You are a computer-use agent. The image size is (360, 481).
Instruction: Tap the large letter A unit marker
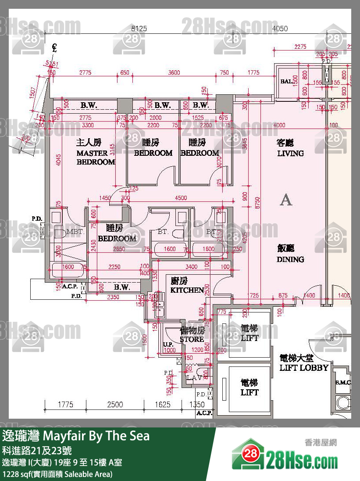(x=286, y=200)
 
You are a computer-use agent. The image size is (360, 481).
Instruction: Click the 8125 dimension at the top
(x=139, y=29)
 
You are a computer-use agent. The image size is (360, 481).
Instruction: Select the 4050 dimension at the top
(x=280, y=29)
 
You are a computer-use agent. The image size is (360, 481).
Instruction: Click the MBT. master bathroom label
(x=72, y=232)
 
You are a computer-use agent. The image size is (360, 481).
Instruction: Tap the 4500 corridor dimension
(x=181, y=198)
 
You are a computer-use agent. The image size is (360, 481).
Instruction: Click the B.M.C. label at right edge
(x=343, y=382)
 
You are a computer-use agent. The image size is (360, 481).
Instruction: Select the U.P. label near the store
(x=168, y=345)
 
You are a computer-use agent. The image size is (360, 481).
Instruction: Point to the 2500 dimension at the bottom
(x=115, y=404)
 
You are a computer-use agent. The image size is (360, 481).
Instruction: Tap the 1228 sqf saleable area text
(x=57, y=474)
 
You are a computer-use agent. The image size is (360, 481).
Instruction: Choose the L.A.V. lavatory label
(x=194, y=377)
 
